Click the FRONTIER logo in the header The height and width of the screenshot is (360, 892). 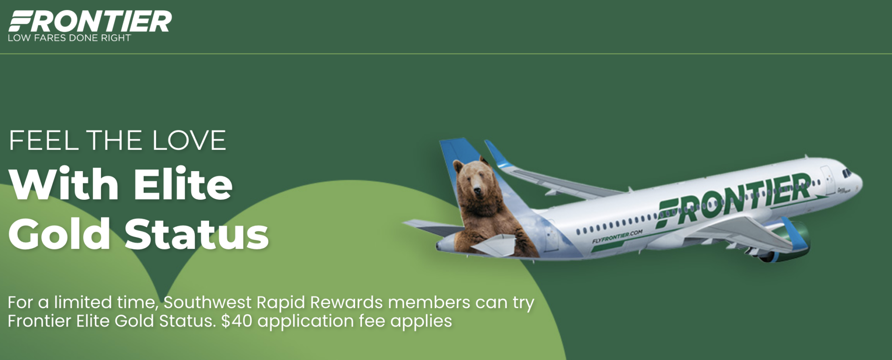(90, 22)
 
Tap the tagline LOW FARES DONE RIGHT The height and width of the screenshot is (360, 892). (69, 38)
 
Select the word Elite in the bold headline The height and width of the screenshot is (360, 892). (183, 184)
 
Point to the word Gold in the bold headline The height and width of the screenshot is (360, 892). (59, 234)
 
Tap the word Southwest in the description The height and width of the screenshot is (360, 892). (208, 302)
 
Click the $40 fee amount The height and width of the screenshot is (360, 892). (237, 321)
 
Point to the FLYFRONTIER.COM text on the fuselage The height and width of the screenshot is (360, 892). (617, 236)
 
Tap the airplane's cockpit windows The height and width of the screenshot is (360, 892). (846, 173)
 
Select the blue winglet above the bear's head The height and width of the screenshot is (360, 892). (498, 154)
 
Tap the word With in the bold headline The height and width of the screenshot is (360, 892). (64, 184)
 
